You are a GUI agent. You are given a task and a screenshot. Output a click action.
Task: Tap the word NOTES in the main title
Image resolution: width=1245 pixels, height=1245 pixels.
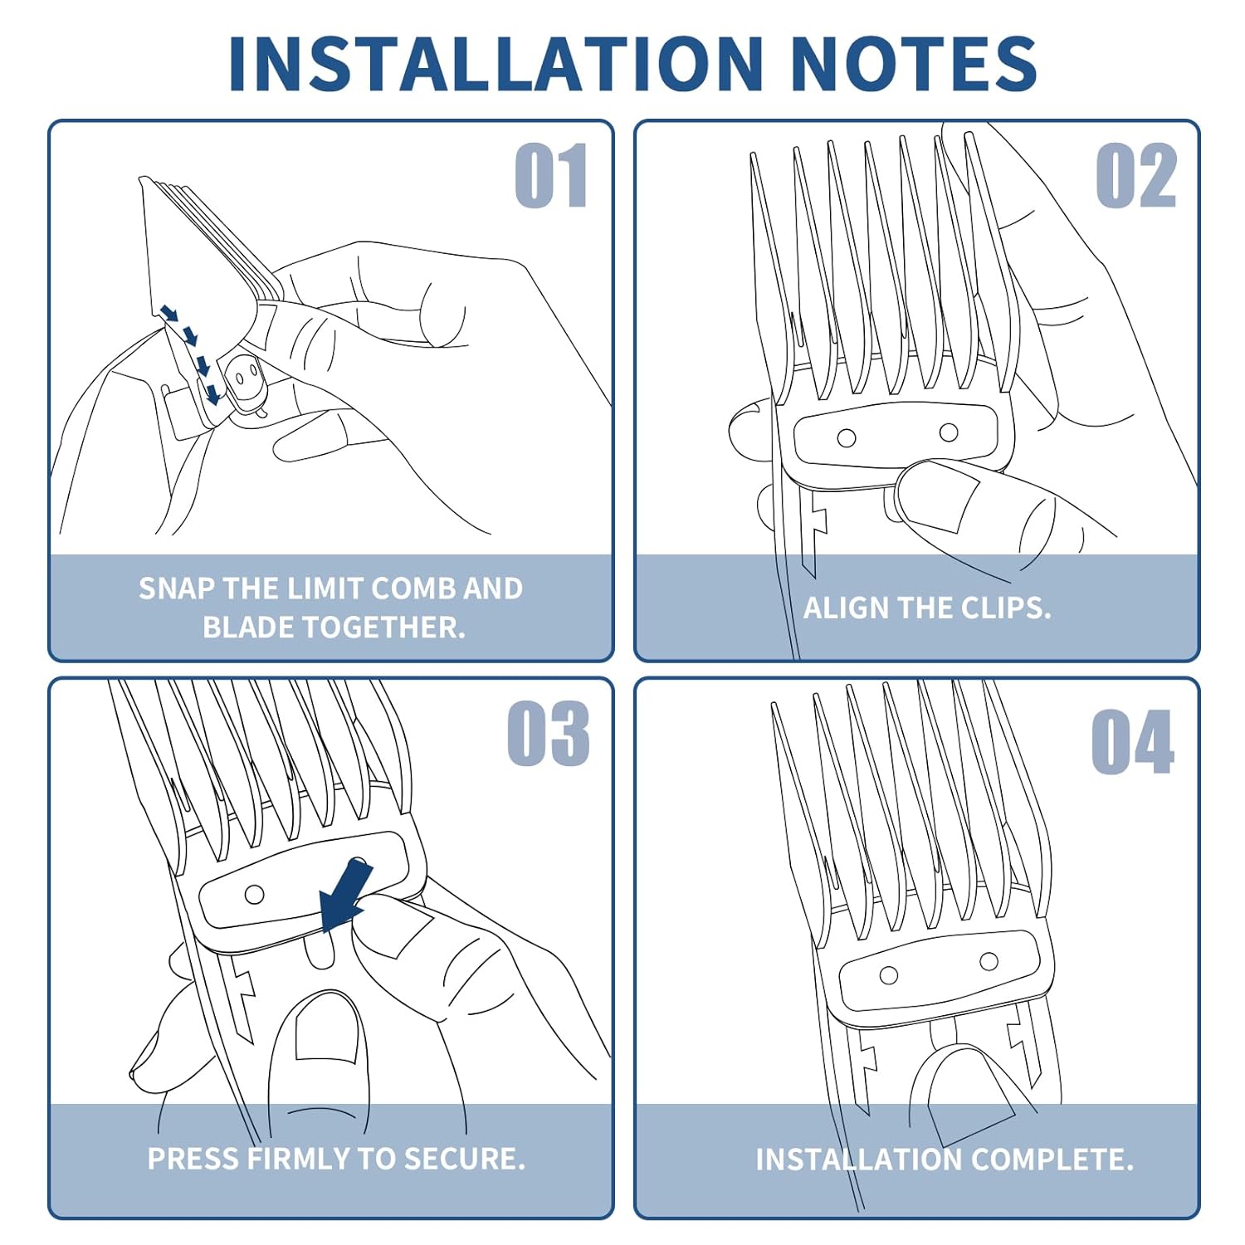coord(914,63)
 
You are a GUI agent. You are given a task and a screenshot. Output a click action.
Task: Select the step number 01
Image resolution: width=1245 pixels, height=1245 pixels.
coord(551,175)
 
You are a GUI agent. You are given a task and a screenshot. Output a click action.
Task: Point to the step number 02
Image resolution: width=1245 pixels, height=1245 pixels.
coord(1136,175)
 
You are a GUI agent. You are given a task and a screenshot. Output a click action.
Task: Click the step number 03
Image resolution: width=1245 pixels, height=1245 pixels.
coord(549,734)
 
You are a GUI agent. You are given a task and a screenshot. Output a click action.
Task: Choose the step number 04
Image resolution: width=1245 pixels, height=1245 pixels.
coord(1133,742)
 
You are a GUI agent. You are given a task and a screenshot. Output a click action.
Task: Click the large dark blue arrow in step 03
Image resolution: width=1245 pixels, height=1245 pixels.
coord(345,896)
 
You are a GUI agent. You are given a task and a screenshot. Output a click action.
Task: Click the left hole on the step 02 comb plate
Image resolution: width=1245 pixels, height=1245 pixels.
coord(847,438)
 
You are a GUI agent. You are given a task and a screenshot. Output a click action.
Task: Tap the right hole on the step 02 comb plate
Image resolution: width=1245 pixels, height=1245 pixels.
coord(949,432)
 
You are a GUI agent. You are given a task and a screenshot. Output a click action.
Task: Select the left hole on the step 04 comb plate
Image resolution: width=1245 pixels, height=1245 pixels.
coord(889,975)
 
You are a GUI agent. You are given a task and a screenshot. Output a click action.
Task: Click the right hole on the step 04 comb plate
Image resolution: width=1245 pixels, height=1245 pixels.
coord(989,961)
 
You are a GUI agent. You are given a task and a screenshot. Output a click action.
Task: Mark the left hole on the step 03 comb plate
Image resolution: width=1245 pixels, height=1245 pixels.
coord(255,895)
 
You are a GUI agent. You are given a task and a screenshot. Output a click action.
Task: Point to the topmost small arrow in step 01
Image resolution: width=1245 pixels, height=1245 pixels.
coord(169,314)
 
